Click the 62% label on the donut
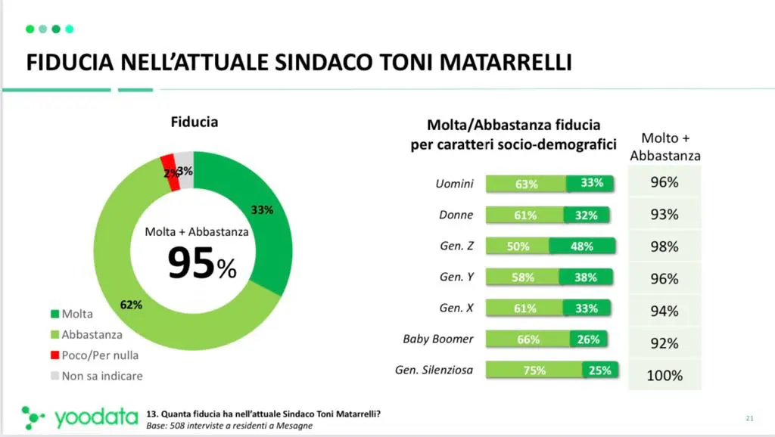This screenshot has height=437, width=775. (132, 305)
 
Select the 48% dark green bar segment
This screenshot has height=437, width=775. (581, 246)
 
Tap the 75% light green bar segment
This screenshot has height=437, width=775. (534, 370)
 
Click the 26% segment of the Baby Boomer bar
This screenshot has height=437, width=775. (587, 339)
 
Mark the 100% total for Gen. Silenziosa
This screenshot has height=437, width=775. (665, 375)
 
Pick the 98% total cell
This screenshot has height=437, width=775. (665, 246)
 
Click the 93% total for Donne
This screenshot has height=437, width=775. (665, 215)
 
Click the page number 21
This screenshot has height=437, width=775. (750, 418)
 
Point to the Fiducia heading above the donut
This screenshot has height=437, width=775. (195, 121)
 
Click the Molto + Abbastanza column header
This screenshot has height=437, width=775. (665, 147)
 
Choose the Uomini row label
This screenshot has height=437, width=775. (454, 183)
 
